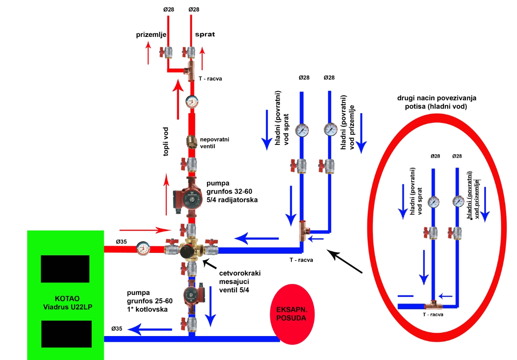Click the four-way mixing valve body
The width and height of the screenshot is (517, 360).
tap(189, 249)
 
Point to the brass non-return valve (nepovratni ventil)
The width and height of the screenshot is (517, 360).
tap(191, 142)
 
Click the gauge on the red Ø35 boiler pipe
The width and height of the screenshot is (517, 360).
tap(142, 248)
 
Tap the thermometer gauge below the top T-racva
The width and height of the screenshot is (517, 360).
tap(191, 101)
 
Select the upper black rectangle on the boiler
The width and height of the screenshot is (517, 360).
tap(65, 269)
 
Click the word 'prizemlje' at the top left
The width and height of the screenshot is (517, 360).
tap(151, 35)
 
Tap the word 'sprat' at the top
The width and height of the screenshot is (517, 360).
tap(205, 34)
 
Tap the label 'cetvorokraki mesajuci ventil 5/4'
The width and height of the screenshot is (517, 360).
tap(239, 280)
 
